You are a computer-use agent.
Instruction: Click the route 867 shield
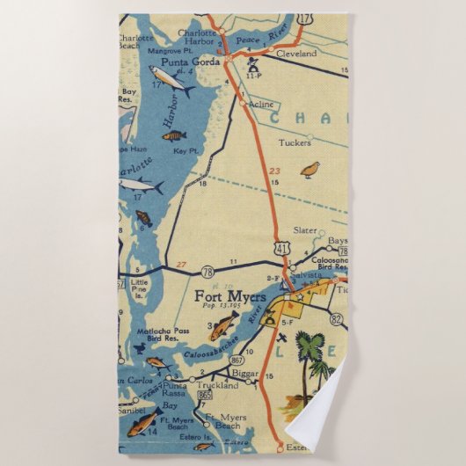pos(237,359)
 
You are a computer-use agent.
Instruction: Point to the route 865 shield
pos(205,396)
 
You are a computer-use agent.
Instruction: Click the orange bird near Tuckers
pos(309,168)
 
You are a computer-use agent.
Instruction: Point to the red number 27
pos(181,264)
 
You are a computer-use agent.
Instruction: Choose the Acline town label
pos(261,104)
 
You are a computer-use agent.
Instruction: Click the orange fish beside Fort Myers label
pos(223,330)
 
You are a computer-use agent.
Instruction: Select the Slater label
pos(305,230)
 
